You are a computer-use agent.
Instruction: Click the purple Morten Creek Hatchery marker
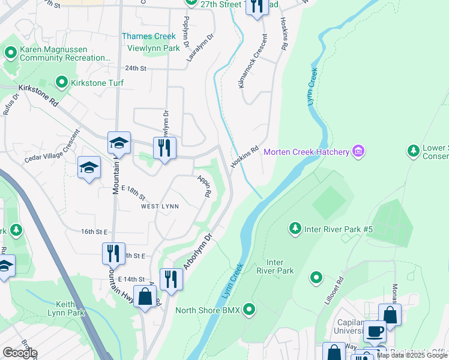click(x=358, y=151)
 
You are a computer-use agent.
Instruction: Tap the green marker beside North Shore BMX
click(x=249, y=310)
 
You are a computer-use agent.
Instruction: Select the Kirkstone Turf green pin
click(x=61, y=82)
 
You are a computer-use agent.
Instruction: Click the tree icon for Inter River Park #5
click(x=295, y=228)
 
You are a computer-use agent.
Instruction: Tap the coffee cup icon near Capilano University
click(x=375, y=331)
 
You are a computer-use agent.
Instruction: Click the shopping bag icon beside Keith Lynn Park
click(x=145, y=296)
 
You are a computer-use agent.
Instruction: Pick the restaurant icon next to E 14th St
click(x=171, y=280)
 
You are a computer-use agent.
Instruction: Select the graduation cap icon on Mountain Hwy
click(x=119, y=143)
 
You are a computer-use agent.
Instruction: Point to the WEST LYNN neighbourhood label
click(x=160, y=206)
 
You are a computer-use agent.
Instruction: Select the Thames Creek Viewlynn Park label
click(x=151, y=42)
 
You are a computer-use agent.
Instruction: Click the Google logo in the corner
click(x=20, y=353)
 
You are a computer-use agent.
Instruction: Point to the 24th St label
click(x=136, y=69)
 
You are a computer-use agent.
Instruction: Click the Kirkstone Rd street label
click(x=38, y=94)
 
